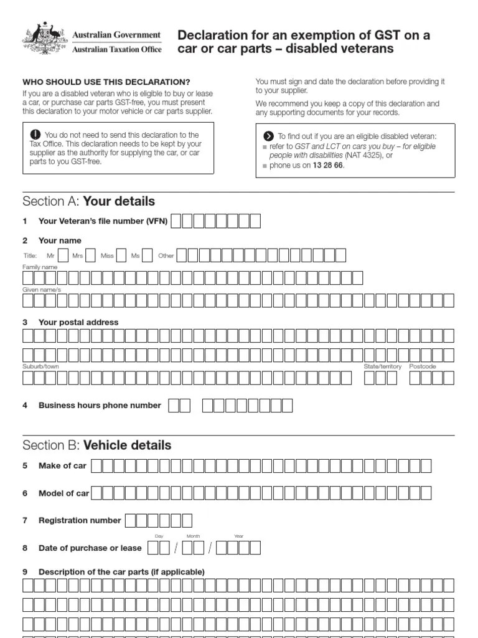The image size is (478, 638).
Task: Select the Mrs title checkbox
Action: (x=91, y=255)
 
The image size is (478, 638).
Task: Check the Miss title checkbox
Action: (x=121, y=255)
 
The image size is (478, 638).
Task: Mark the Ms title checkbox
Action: (x=147, y=255)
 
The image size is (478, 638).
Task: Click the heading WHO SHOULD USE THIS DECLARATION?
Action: (x=106, y=82)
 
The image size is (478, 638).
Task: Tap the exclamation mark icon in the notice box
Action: (x=35, y=135)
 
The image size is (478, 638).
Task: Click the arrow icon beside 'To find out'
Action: (x=268, y=136)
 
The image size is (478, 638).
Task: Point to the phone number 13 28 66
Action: (x=327, y=166)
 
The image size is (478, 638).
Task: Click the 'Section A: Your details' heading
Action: (x=88, y=201)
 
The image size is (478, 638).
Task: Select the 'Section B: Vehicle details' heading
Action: (x=96, y=445)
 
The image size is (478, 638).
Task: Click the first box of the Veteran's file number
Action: (x=177, y=221)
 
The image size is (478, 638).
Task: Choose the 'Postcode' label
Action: (x=423, y=366)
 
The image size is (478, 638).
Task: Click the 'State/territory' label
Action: (x=382, y=366)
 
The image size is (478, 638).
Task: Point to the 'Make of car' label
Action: (x=62, y=465)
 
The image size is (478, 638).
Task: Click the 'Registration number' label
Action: (x=80, y=520)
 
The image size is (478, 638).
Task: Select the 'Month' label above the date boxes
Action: (x=192, y=536)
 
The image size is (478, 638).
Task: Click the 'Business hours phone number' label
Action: (x=100, y=405)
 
